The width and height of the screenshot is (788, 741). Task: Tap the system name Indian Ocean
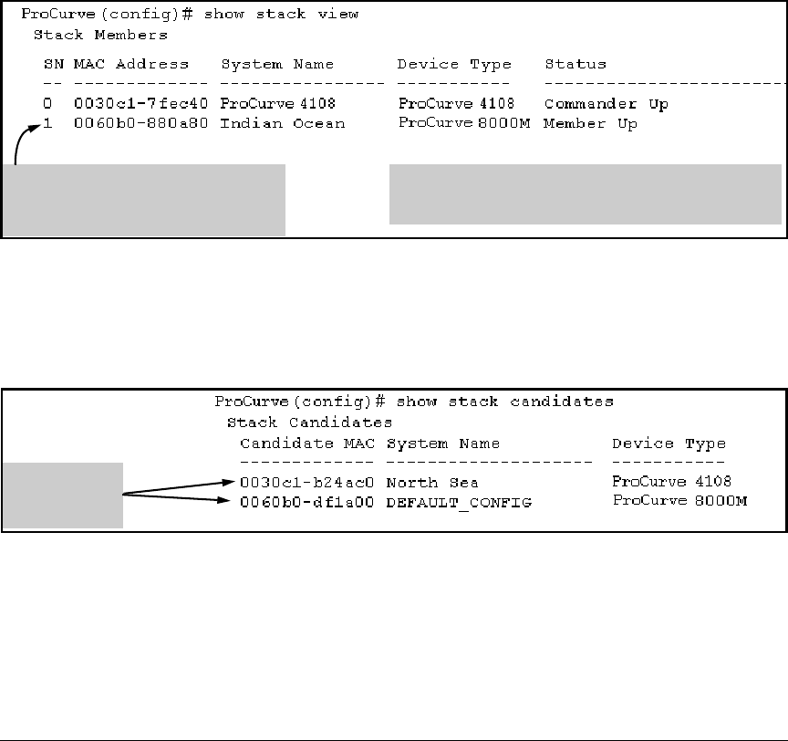(x=283, y=123)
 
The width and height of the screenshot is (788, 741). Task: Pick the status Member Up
(x=590, y=123)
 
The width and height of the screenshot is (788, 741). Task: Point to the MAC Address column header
(x=131, y=65)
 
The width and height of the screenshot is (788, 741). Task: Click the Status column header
(x=575, y=65)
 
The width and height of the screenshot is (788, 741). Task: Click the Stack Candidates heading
(x=309, y=423)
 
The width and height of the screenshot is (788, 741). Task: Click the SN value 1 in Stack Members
(x=47, y=123)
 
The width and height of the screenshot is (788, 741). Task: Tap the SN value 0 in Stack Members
(x=47, y=104)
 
